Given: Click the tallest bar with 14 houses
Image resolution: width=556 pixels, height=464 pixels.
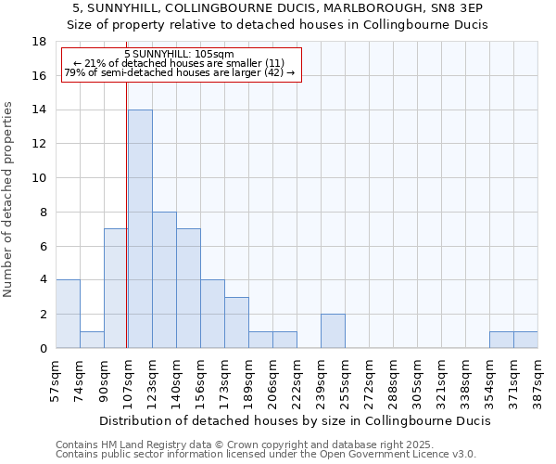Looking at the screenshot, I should (140, 228).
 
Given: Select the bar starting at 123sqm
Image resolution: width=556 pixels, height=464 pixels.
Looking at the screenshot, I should (164, 279).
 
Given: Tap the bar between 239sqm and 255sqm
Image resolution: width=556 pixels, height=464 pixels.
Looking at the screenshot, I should (333, 330).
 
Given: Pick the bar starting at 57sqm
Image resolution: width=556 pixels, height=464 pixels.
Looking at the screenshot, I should (68, 314).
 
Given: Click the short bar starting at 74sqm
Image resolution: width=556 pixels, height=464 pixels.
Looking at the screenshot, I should (92, 340).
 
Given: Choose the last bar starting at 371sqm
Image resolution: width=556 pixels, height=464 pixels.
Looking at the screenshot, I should (525, 340).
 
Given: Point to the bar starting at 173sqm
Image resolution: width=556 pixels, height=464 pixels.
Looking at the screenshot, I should (236, 322).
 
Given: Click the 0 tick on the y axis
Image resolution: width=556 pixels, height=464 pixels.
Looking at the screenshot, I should (43, 348).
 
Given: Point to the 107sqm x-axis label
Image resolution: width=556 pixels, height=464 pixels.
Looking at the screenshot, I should (129, 379).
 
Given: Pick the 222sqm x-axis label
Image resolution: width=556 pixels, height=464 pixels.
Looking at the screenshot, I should (297, 379).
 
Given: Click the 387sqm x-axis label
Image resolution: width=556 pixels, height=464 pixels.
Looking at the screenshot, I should (538, 379).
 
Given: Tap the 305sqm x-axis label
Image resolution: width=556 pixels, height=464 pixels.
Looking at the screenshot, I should (418, 379).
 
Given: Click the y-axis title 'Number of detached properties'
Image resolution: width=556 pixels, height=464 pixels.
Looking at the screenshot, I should (9, 200).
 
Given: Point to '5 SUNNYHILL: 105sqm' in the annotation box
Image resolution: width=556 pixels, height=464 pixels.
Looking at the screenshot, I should (178, 55).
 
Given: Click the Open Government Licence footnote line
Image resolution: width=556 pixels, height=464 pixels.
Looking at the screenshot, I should (266, 454).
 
